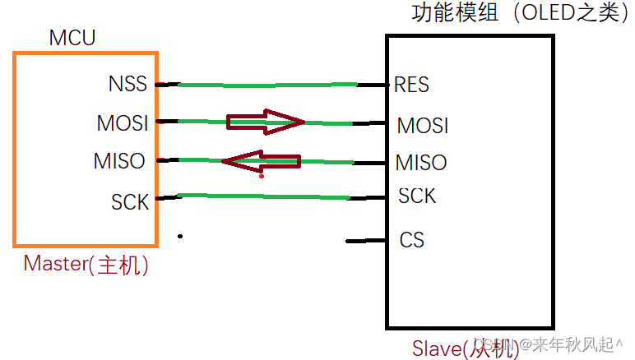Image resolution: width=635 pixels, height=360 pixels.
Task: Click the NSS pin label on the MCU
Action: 127,85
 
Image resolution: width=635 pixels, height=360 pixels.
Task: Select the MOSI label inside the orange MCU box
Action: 122,123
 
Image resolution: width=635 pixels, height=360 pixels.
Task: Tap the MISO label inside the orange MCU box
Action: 119,161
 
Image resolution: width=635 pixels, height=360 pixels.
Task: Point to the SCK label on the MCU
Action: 130,201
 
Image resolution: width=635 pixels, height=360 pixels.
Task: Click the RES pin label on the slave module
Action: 412,85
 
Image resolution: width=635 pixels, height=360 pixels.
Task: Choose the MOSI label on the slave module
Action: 423,126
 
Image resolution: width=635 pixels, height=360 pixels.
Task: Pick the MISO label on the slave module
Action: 421,162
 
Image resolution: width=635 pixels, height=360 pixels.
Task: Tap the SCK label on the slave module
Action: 417,196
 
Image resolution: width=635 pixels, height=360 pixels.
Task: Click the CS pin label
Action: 412,240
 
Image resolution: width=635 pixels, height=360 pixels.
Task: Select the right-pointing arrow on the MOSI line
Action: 265,122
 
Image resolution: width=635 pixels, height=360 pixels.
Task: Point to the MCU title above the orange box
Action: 72,38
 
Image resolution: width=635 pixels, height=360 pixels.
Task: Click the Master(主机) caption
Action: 86,265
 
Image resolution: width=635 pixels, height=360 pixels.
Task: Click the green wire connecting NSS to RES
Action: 267,85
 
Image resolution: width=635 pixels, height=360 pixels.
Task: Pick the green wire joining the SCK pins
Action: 267,196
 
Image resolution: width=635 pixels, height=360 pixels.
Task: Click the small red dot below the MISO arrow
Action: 262,175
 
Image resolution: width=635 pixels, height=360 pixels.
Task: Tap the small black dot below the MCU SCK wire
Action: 180,237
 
